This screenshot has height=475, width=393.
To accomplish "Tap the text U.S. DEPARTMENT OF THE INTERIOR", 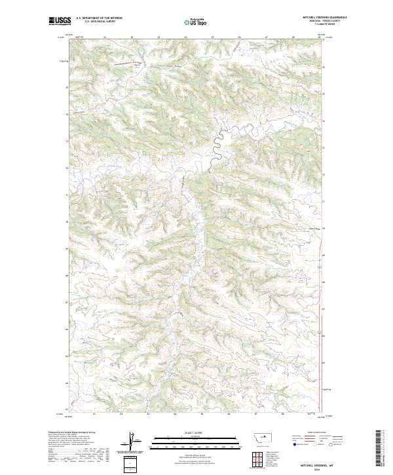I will pos(99,18).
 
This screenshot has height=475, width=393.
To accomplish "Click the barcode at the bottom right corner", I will pos(379,448).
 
